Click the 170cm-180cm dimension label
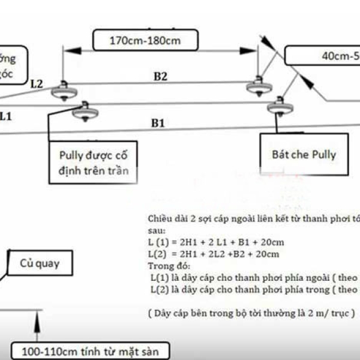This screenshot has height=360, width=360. pos(145,41)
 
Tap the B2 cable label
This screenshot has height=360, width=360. pos(160,76)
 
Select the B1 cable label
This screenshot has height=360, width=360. pos(158,122)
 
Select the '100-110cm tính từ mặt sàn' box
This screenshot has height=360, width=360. pos(89,350)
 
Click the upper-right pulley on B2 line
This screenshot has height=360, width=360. pos(260,86)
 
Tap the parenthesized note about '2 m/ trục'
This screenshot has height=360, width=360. pos(251,313)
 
